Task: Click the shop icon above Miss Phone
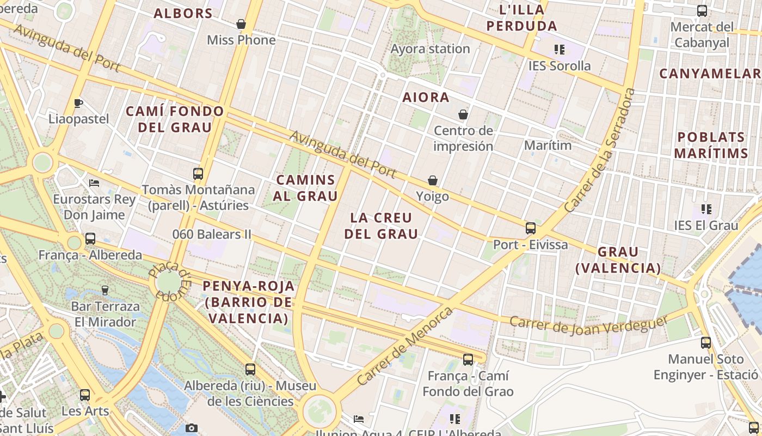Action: click(241, 24)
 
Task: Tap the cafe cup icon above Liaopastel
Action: click(78, 102)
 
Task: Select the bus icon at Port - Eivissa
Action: click(530, 228)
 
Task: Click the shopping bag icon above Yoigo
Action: click(433, 180)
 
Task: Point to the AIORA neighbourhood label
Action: click(426, 98)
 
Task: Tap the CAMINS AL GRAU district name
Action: click(306, 187)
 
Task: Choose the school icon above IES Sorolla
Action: click(559, 50)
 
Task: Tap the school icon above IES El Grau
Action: click(706, 209)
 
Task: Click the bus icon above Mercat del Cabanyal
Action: click(702, 11)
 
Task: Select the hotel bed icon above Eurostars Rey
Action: click(94, 183)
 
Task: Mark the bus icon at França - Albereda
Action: click(90, 239)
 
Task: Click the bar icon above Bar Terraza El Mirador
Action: click(105, 290)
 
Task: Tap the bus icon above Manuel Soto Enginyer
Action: click(705, 343)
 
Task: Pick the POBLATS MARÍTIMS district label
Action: click(711, 145)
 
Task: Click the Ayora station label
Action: click(430, 49)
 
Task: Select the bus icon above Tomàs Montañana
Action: click(198, 174)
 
